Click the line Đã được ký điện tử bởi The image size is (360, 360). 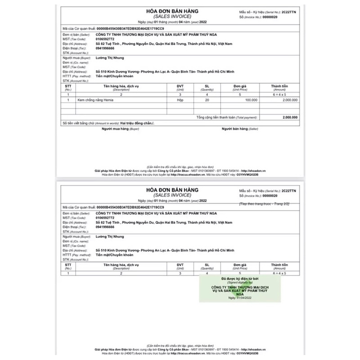pos(239,279)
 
